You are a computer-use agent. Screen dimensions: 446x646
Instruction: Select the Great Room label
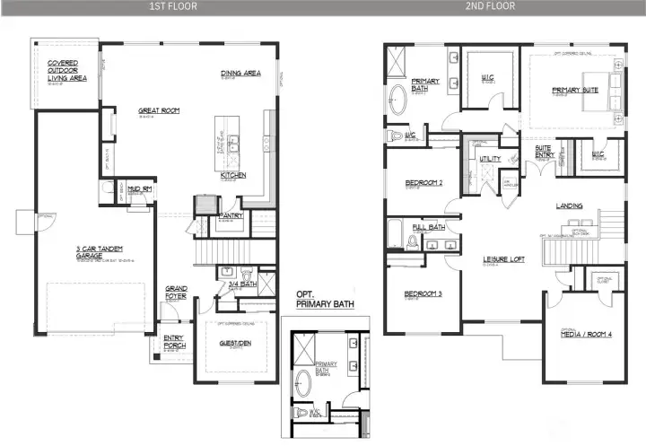(x=159, y=110)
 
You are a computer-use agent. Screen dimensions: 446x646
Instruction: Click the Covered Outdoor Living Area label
(x=66, y=71)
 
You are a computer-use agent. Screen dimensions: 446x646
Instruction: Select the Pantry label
(x=231, y=215)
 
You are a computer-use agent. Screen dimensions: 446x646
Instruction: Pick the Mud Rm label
(x=139, y=189)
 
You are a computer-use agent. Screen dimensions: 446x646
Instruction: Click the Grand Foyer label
(x=176, y=292)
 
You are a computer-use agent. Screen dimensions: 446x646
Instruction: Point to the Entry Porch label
(x=173, y=341)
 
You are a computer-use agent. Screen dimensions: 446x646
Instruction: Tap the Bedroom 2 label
(x=423, y=182)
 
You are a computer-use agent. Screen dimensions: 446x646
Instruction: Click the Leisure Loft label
(x=504, y=259)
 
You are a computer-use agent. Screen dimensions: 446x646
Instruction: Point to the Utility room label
(x=490, y=159)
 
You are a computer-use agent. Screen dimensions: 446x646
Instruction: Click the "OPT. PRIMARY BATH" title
(x=326, y=299)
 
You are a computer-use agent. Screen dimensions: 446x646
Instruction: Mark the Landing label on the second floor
(x=569, y=206)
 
